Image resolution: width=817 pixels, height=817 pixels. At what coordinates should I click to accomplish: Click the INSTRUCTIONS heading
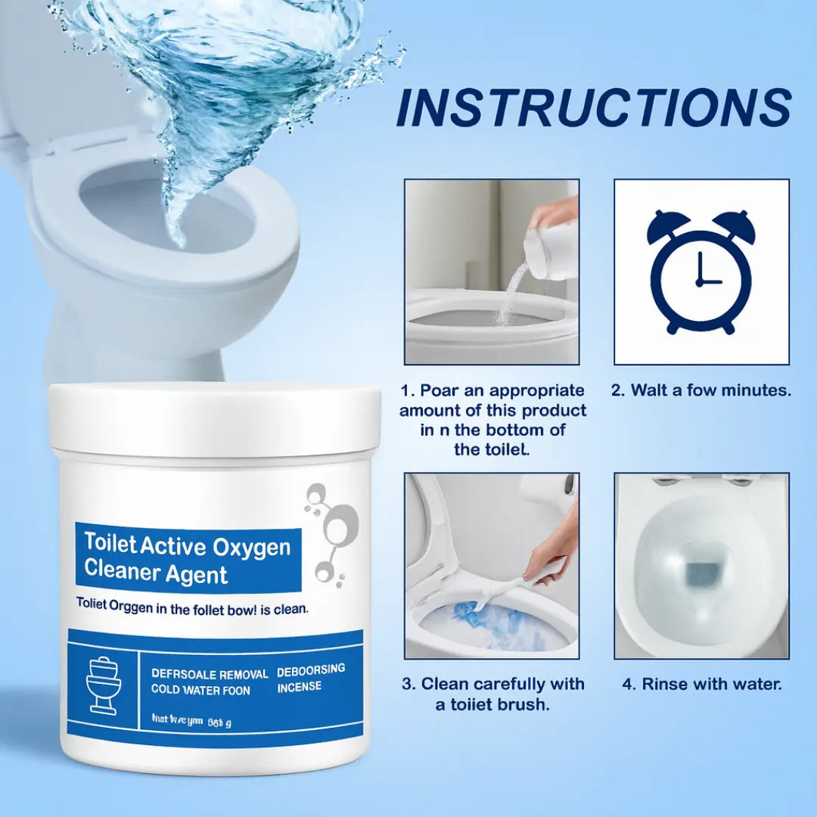(594, 109)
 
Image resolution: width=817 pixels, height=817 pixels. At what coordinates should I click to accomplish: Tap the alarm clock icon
(701, 271)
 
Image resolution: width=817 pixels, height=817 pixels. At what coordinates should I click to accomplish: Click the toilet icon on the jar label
(104, 685)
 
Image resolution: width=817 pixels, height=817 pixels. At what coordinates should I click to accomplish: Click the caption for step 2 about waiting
(701, 390)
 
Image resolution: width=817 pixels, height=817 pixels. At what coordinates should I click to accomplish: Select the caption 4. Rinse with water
(701, 684)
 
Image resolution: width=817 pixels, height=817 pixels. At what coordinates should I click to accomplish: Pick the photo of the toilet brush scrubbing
(492, 565)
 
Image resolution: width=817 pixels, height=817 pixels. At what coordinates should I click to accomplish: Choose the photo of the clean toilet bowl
(701, 565)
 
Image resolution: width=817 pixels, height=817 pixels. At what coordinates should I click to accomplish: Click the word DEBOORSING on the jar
(311, 669)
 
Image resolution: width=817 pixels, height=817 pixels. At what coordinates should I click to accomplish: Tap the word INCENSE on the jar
(299, 687)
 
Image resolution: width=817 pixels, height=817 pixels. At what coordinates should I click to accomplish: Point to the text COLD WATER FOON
(200, 690)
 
